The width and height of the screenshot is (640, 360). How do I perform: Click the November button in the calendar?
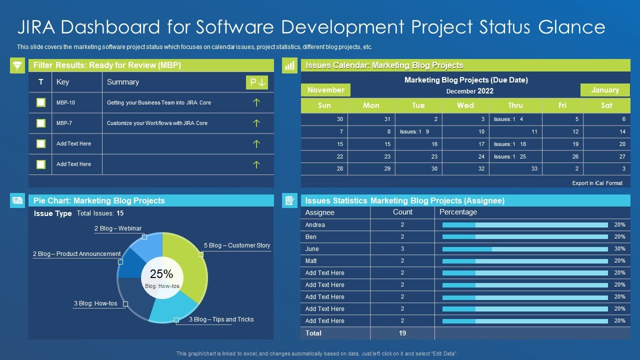point(325,90)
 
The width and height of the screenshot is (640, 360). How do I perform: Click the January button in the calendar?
point(605,90)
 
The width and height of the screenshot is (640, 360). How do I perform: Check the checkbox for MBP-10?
point(41,102)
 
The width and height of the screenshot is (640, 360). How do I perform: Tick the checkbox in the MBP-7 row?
point(41,123)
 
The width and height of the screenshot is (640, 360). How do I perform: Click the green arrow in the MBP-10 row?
point(256,102)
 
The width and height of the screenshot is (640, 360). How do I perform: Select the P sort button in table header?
point(257,82)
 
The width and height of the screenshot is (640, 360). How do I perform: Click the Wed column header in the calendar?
point(465,105)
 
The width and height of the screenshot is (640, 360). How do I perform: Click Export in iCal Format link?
point(597,183)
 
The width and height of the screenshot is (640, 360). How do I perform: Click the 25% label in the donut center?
point(161,274)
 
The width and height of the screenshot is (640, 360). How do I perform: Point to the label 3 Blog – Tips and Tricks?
point(220,319)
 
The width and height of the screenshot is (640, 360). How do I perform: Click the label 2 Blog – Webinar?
point(118,228)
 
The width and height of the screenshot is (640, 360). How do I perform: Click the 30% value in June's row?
point(619,248)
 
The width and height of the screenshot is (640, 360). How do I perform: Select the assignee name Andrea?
point(315,225)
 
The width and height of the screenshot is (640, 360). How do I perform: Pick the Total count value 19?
point(402,333)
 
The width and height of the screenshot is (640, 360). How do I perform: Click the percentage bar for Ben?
point(525,237)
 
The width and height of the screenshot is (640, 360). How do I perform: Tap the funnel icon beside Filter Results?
point(17,65)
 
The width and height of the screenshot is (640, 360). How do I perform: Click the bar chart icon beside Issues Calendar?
point(289,65)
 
